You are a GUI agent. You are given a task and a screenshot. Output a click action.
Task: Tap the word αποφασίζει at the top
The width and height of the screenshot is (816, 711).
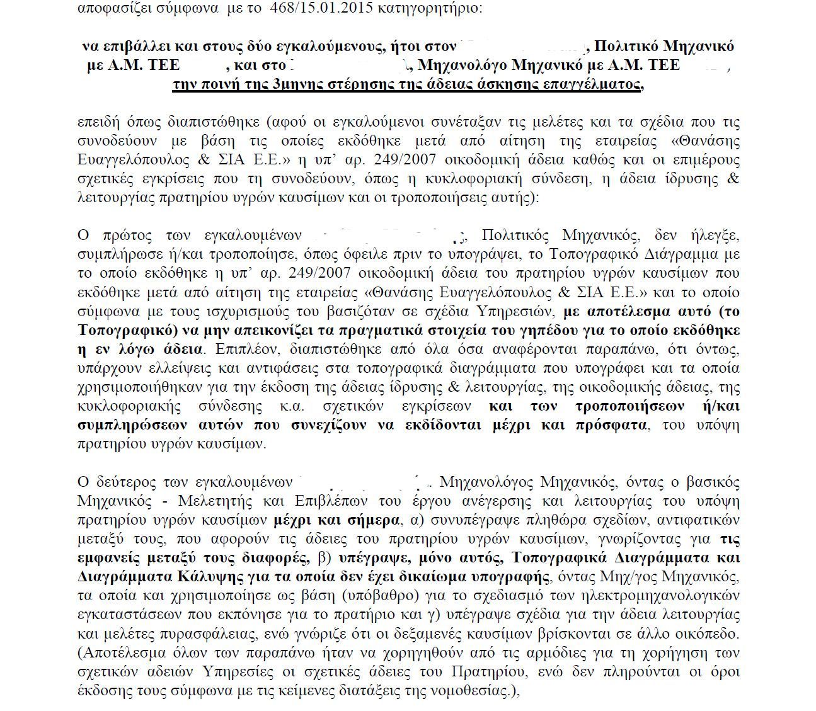pos(110,9)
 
